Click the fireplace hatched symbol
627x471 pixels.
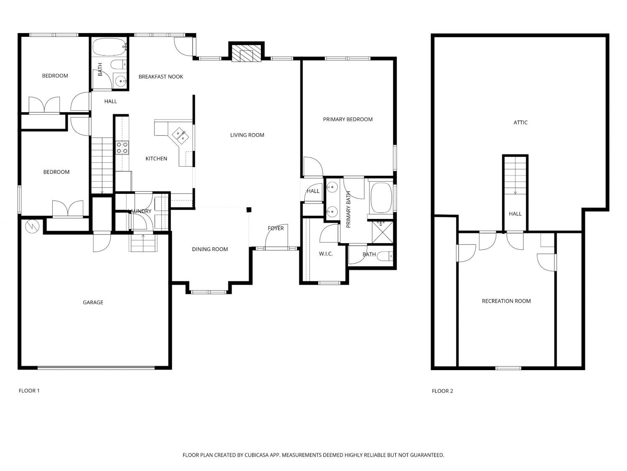246,54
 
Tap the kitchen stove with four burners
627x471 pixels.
122,147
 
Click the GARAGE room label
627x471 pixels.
93,302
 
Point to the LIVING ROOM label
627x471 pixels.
247,135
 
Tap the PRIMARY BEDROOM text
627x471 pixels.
348,119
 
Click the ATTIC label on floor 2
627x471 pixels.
520,122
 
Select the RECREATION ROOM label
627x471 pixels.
506,301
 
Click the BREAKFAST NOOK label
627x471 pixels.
161,77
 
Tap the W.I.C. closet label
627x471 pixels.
326,254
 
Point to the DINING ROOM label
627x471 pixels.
210,249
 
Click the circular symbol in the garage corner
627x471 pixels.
31,226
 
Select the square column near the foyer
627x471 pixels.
249,210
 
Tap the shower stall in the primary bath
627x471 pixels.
382,232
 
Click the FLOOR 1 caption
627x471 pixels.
29,391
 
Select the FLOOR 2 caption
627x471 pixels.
442,391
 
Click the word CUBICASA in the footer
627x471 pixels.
257,455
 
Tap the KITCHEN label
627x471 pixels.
156,158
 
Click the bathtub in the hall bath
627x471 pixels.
110,47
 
